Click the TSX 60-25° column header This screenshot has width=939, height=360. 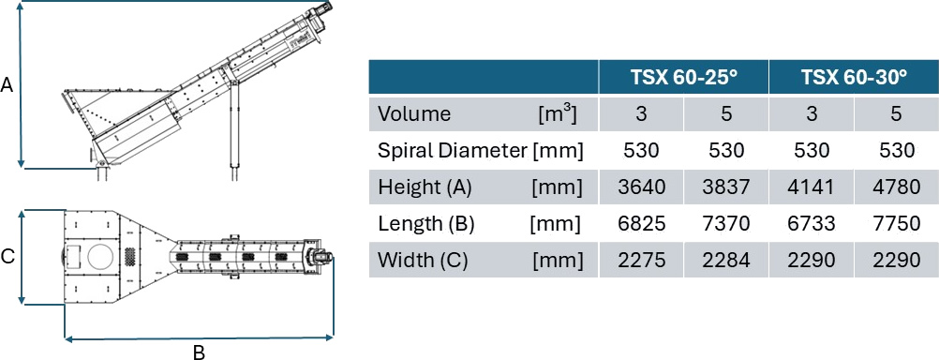coord(684,77)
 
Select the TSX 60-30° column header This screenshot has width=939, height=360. coord(854,77)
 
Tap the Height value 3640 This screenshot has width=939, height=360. coord(641,187)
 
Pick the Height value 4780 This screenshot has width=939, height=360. coord(896,187)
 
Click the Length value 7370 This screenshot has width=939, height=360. coord(726,224)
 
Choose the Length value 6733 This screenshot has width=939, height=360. coord(812,224)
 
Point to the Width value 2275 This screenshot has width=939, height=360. coord(641,261)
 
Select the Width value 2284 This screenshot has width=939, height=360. coord(726,261)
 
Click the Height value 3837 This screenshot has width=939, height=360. coord(726,187)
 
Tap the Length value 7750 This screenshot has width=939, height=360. coord(896,224)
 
